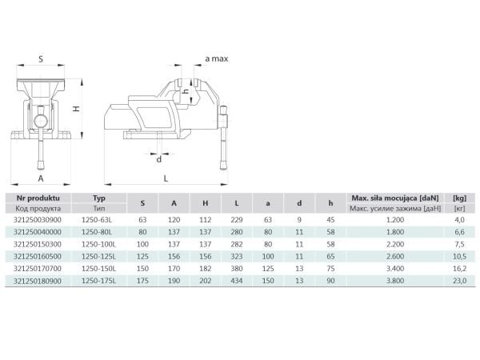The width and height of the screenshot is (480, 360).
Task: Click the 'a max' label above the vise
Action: [217, 58]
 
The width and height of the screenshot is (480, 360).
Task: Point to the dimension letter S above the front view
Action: [41, 59]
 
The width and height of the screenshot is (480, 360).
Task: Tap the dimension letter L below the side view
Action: [166, 178]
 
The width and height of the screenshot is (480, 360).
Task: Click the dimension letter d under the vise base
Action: [159, 159]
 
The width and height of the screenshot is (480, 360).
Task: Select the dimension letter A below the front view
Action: [41, 178]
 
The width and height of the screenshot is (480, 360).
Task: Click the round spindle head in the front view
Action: [41, 122]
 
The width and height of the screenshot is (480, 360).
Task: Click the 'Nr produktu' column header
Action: [38, 198]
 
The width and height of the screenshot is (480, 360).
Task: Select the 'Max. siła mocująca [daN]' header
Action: [395, 198]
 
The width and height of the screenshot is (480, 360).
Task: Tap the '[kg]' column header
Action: [459, 198]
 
